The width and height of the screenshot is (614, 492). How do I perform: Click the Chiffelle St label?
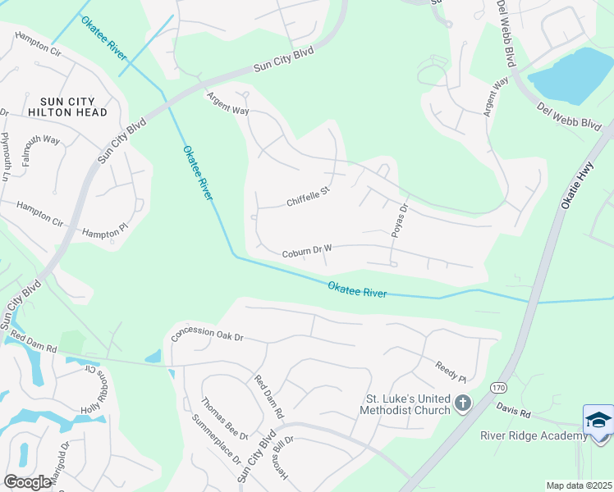click(308, 197)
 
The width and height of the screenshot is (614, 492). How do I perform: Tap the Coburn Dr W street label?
click(306, 251)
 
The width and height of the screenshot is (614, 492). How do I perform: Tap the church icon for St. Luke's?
click(463, 403)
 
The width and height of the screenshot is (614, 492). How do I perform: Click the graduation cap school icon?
click(598, 421)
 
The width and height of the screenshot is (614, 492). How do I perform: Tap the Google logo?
click(28, 481)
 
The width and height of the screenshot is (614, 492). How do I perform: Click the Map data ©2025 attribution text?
click(579, 485)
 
